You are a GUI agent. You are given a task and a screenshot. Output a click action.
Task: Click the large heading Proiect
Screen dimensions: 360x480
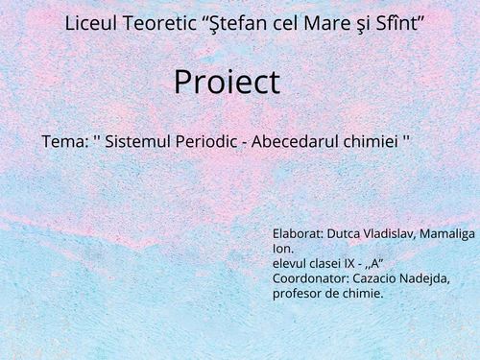(x=227, y=83)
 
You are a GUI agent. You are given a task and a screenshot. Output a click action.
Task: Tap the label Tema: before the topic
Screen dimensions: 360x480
(x=63, y=141)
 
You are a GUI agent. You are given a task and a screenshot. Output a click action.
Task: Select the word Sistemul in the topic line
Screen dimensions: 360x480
(x=141, y=141)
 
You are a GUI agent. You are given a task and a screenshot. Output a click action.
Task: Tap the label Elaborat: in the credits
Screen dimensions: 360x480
(x=298, y=233)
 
